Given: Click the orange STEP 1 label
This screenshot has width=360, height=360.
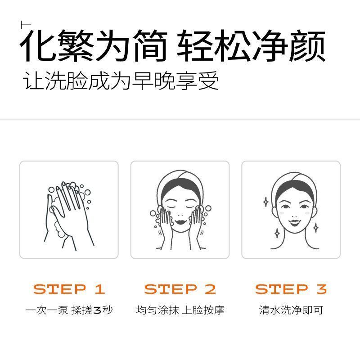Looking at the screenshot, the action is (x=69, y=289).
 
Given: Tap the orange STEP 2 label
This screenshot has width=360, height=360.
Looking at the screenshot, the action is (x=180, y=289).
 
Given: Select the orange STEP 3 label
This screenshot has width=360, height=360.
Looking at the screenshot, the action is (x=291, y=289).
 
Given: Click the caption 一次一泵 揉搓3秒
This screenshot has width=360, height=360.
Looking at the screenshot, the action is (x=69, y=310).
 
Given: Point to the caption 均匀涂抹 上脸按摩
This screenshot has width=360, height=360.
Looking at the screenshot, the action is (x=180, y=310).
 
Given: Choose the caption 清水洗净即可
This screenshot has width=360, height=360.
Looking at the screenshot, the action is (x=291, y=310).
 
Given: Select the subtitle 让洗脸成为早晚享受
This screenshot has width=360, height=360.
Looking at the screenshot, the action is (x=121, y=81).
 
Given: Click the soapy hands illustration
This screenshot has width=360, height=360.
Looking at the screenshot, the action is (x=68, y=216).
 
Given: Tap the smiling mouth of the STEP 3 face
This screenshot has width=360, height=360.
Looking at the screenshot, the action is (x=295, y=222).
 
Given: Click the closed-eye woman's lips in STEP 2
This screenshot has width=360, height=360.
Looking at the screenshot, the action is (x=180, y=222).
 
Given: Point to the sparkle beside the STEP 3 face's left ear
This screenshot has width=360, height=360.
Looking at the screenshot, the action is (x=266, y=202).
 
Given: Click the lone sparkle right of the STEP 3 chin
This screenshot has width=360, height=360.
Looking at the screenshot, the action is (x=316, y=228).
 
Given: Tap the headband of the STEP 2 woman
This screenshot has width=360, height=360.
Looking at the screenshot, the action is (x=180, y=181).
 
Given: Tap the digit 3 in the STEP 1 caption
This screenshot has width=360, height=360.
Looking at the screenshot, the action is (x=97, y=310).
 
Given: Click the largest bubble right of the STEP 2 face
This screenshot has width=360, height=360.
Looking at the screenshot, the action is (x=208, y=208).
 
